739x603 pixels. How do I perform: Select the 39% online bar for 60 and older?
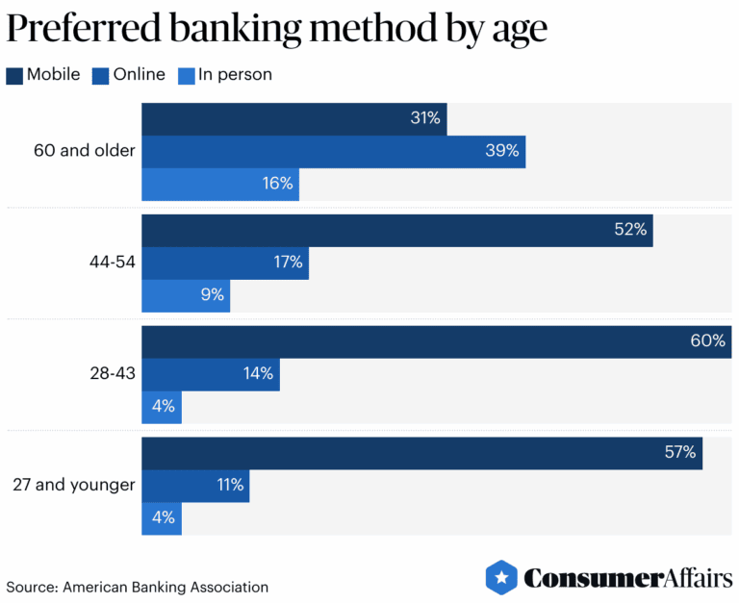coord(333,151)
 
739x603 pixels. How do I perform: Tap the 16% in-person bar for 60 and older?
coord(220,184)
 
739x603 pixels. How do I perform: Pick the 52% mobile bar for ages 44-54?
coord(396,231)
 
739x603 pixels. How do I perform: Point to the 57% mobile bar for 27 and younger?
coord(421,453)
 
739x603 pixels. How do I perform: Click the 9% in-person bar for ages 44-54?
coord(186,295)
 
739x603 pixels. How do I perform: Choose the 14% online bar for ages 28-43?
coord(211,374)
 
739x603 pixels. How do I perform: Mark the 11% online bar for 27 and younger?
coord(195,486)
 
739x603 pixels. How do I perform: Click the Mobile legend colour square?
coord(14,75)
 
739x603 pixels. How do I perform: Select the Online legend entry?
coord(130,75)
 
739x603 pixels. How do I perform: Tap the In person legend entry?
coord(225,75)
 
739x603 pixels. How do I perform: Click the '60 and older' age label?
coord(84,151)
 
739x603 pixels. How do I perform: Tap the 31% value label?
coord(424,118)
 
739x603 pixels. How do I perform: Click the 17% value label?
coord(287,263)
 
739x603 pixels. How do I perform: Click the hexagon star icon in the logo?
coord(501,577)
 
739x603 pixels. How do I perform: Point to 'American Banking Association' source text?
coord(166,587)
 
